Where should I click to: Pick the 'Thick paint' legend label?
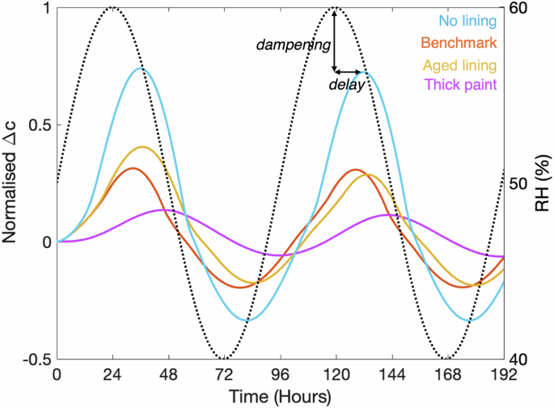pyautogui.click(x=459, y=84)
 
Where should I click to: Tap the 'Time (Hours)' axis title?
pyautogui.click(x=280, y=397)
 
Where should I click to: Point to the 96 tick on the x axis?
pyautogui.click(x=281, y=375)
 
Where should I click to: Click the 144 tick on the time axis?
pyautogui.click(x=392, y=375)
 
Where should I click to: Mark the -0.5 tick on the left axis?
pyautogui.click(x=34, y=359)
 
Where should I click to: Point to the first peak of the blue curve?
pyautogui.click(x=141, y=68)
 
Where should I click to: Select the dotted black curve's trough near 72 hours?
pyautogui.click(x=225, y=358)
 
